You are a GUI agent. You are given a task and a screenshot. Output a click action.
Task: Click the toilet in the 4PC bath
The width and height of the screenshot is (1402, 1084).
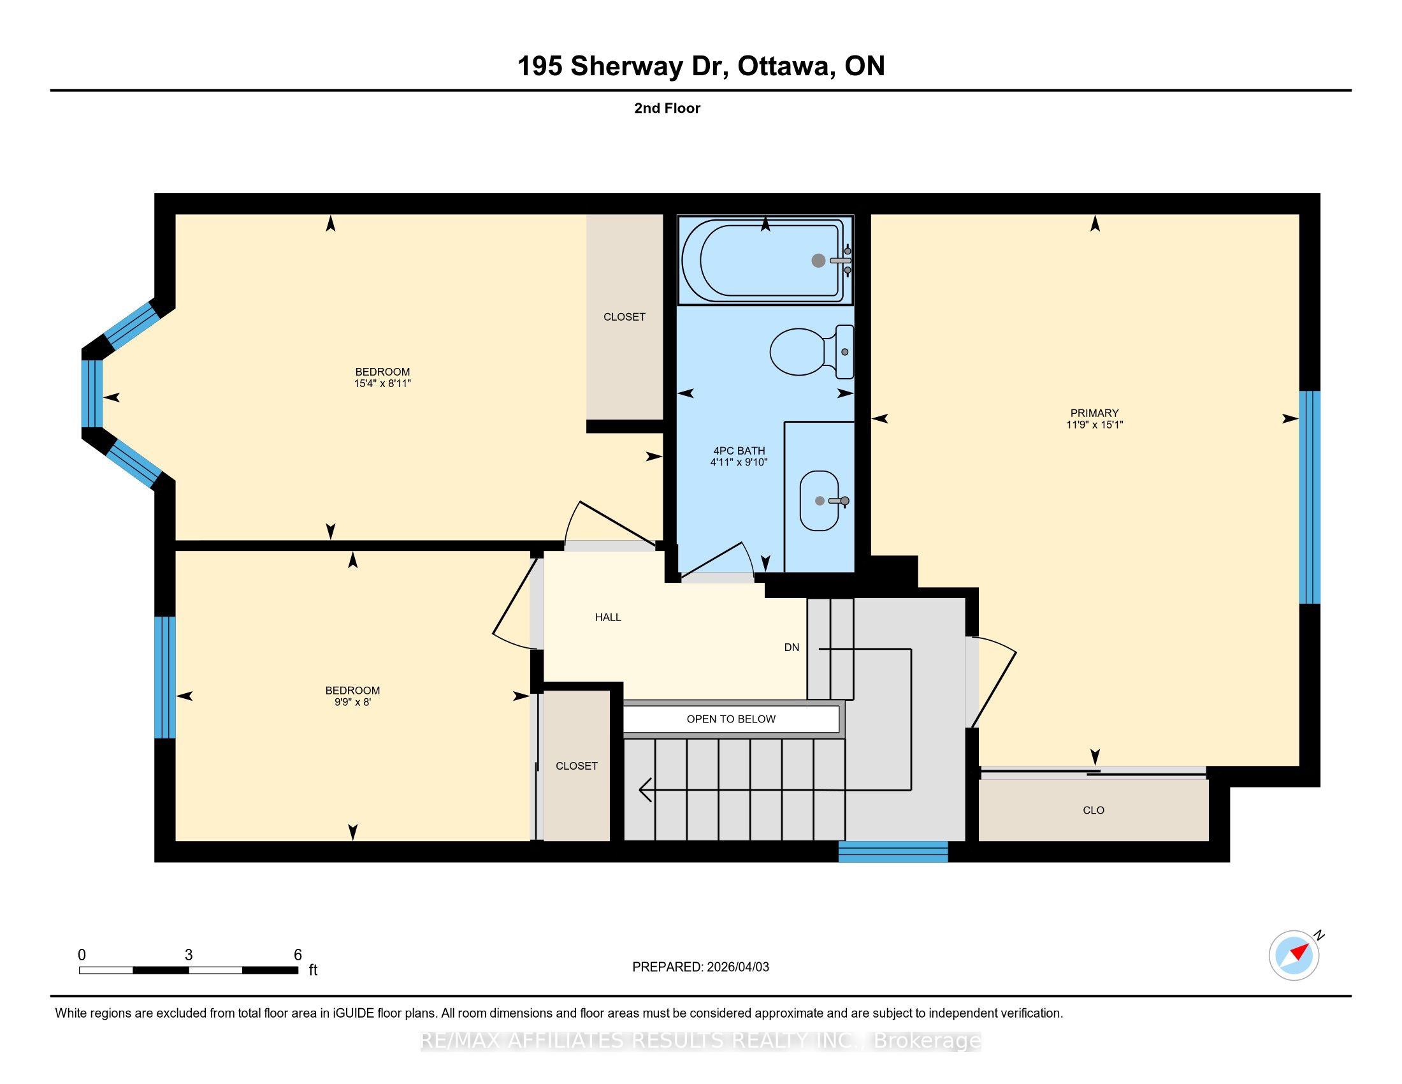[x=811, y=352]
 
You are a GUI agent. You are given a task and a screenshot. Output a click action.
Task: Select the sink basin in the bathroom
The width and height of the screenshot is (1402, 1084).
[x=820, y=501]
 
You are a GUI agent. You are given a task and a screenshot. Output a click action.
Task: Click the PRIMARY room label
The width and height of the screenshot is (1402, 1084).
[x=1094, y=413]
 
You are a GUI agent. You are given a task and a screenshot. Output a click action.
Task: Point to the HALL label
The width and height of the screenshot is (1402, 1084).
[x=608, y=617]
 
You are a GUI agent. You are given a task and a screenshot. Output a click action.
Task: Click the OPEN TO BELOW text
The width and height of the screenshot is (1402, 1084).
[x=731, y=719]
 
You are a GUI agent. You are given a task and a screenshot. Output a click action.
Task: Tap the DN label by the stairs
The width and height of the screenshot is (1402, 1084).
[x=791, y=647]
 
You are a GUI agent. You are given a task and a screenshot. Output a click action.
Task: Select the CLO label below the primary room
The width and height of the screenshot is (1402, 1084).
[x=1093, y=810]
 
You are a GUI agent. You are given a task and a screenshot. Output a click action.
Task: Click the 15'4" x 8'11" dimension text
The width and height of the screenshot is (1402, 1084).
[x=382, y=383]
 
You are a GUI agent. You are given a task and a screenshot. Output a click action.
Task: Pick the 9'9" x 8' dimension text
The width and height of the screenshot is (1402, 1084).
[x=352, y=702]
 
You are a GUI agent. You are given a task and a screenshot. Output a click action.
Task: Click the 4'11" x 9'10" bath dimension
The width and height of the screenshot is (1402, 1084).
[x=739, y=462]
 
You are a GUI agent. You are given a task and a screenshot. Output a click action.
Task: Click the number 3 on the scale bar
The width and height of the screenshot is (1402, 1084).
[x=189, y=955]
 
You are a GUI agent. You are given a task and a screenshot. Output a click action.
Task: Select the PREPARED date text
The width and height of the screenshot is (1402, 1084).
[x=700, y=967]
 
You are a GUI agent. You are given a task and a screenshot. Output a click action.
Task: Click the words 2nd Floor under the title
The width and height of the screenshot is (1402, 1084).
[x=667, y=108]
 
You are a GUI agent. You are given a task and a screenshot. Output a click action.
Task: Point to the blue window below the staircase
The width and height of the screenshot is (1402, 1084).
[x=893, y=851]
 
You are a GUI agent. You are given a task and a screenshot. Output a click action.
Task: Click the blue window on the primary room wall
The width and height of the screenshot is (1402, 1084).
[x=1310, y=497]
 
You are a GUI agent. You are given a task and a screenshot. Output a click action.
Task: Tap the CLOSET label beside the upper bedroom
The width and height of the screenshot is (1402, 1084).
[x=625, y=317]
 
